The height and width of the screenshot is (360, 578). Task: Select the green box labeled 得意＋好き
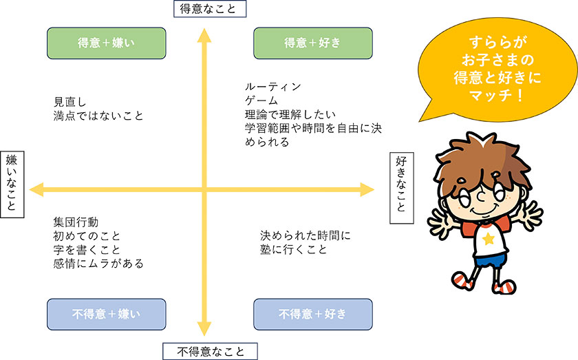(x=313, y=43)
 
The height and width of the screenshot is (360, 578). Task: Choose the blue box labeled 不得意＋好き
(x=313, y=314)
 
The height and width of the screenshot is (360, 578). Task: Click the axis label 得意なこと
(x=208, y=8)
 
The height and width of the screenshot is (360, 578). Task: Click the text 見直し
(x=69, y=101)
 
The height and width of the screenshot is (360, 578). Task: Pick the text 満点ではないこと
(x=98, y=115)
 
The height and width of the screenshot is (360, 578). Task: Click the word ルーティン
(x=272, y=87)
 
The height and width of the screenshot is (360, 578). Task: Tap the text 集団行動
(x=76, y=222)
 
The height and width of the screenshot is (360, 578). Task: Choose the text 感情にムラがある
(x=98, y=263)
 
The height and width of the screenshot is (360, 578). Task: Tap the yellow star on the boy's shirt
(x=489, y=239)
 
